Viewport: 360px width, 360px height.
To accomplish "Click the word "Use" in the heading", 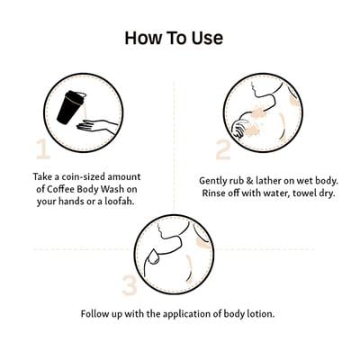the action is (x=207, y=38).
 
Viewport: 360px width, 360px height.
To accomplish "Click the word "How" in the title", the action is (x=142, y=38).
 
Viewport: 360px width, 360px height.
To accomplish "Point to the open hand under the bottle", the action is (x=96, y=125).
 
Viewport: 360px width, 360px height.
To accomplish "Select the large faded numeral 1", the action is (x=43, y=148).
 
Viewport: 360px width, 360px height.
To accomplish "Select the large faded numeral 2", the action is (x=223, y=149).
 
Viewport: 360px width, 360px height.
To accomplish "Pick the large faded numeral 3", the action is (x=130, y=285).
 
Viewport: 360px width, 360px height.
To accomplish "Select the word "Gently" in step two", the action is (x=215, y=181).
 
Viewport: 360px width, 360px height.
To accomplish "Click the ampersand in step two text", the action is (x=251, y=181).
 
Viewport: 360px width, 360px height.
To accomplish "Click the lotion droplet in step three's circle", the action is (x=155, y=257).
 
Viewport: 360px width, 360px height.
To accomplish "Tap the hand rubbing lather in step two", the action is (x=240, y=129).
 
